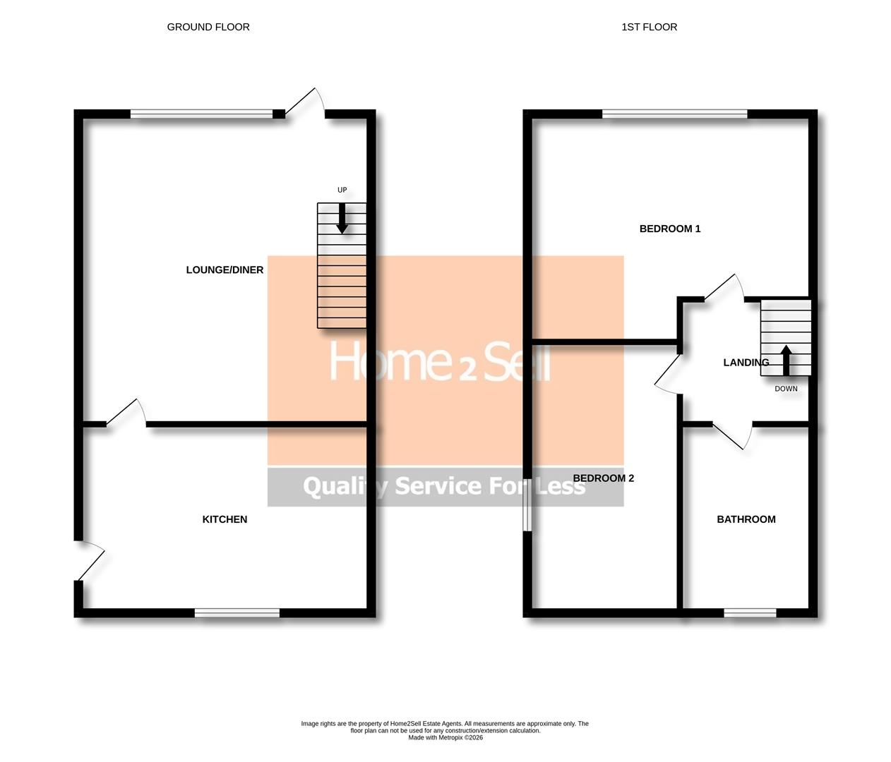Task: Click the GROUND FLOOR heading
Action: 208,28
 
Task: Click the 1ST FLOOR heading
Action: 649,28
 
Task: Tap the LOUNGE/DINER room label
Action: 225,270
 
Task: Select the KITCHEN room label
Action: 225,519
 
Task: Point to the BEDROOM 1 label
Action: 669,229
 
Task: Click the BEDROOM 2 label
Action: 603,478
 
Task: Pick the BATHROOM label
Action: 746,519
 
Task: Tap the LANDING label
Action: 746,363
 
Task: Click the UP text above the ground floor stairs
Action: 342,190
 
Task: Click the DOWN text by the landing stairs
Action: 786,389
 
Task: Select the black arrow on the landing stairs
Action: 785,360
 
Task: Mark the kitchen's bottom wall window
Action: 237,612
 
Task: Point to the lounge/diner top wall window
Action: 202,114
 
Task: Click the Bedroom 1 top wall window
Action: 674,114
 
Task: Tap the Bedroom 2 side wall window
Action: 527,508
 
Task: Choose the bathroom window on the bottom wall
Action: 750,612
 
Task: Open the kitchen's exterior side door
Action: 90,561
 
